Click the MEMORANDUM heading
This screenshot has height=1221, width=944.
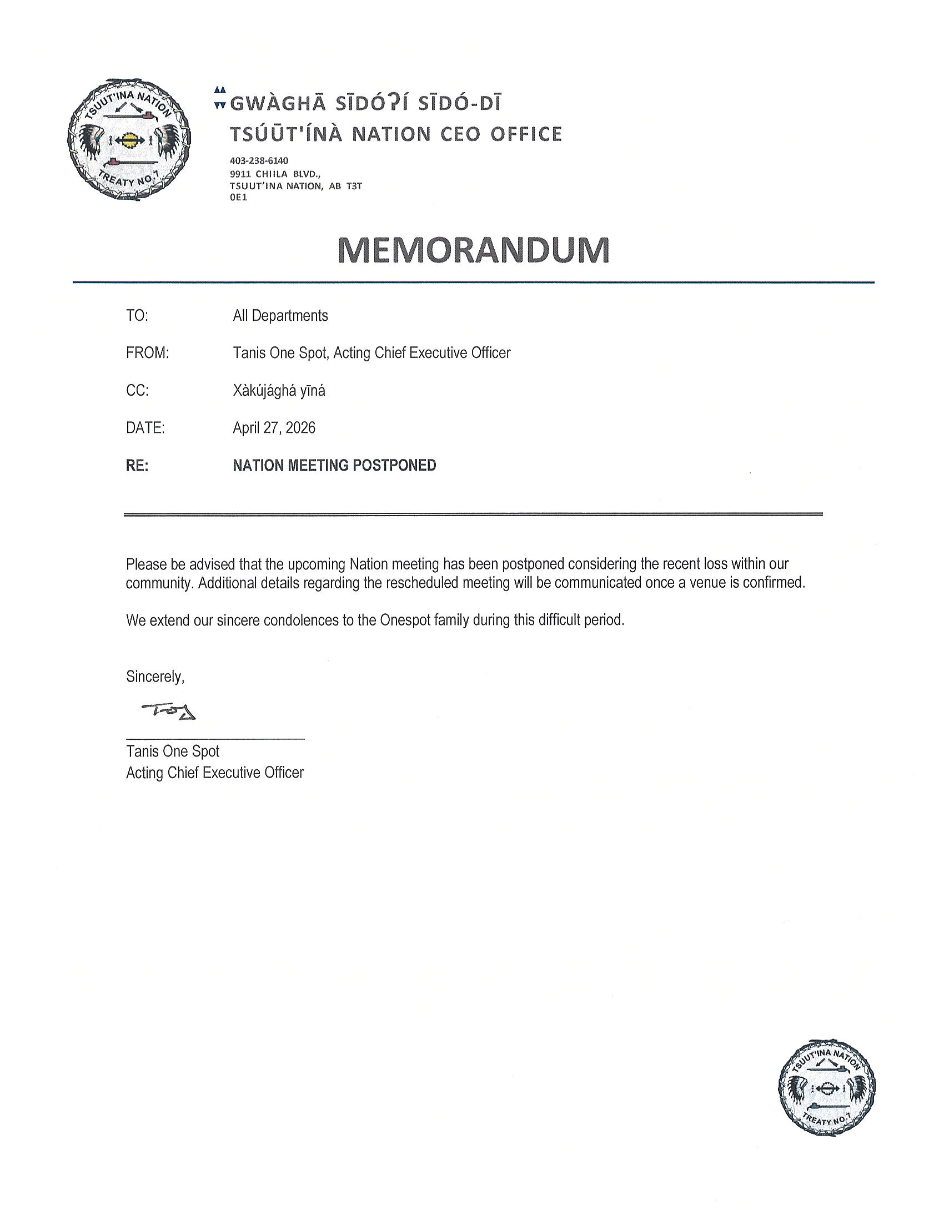(474, 250)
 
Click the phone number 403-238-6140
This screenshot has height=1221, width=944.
(259, 161)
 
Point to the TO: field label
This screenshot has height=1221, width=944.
(137, 316)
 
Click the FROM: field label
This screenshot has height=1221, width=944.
(147, 354)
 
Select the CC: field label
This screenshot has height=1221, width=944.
(137, 391)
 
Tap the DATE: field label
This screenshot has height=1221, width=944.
(145, 428)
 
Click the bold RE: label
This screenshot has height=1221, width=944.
(137, 466)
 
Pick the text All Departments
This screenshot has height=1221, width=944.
(280, 316)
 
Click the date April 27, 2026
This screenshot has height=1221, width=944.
(274, 428)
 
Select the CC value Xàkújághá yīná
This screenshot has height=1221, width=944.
(279, 391)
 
